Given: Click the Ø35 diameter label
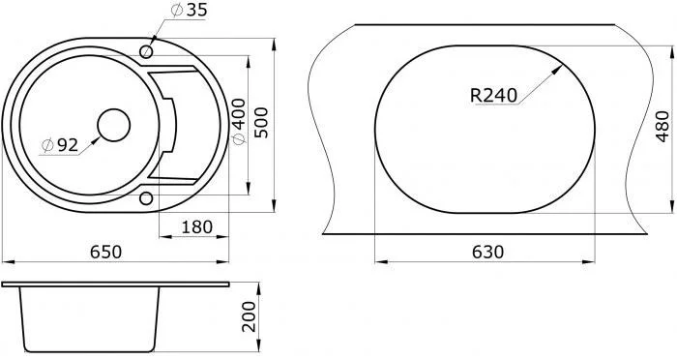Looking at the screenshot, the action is click(189, 11).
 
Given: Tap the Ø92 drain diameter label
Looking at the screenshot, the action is click(60, 145).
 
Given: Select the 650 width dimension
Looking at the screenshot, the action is click(105, 252).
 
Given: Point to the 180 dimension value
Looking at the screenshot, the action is click(197, 226).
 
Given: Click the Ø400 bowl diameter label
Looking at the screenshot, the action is click(239, 122).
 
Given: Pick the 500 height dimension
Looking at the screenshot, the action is click(261, 123).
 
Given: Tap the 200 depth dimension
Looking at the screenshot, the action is click(249, 316).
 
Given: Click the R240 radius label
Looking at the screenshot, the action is click(493, 96).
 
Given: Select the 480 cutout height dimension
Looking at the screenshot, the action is click(662, 127).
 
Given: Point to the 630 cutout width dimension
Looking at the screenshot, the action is click(487, 252).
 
